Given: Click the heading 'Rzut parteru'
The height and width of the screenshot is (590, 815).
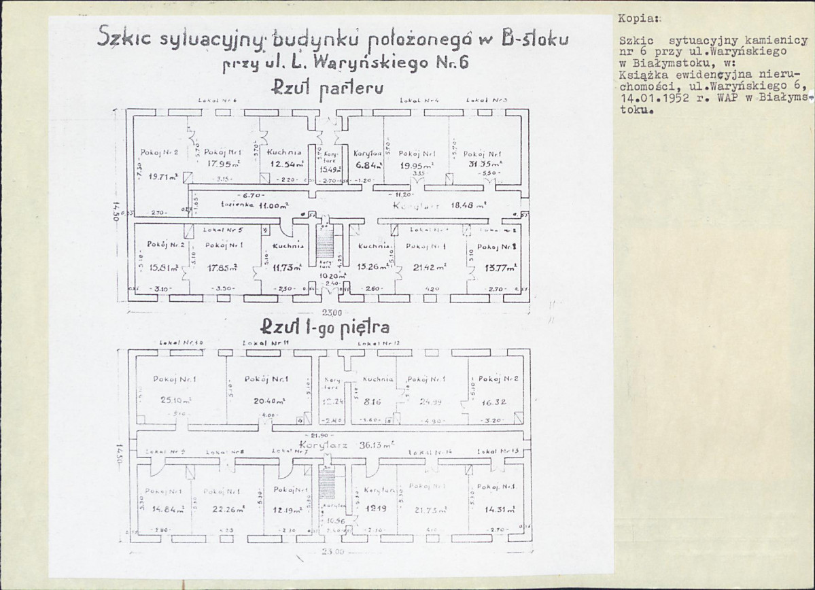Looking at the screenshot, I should point(328,88).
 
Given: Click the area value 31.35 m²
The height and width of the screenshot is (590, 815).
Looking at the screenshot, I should point(485,164).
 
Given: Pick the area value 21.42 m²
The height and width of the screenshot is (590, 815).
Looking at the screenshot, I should point(426,268).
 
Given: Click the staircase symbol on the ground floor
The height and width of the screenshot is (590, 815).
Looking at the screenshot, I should point(325,244).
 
